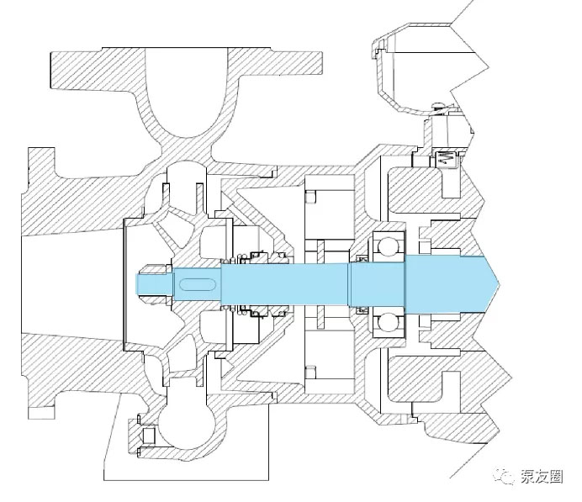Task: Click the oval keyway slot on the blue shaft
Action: click(198, 284)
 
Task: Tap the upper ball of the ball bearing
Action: click(387, 246)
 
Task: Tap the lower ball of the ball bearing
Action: click(387, 321)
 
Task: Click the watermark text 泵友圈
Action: click(542, 477)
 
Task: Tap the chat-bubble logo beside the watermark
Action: click(503, 476)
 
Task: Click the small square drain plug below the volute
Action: click(149, 436)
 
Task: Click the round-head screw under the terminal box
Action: click(439, 107)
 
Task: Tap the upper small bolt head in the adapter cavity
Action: click(310, 197)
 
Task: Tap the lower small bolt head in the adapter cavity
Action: click(310, 372)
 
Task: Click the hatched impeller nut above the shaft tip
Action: click(153, 269)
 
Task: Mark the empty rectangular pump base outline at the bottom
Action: click(186, 438)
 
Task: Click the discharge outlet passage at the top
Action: click(186, 92)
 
